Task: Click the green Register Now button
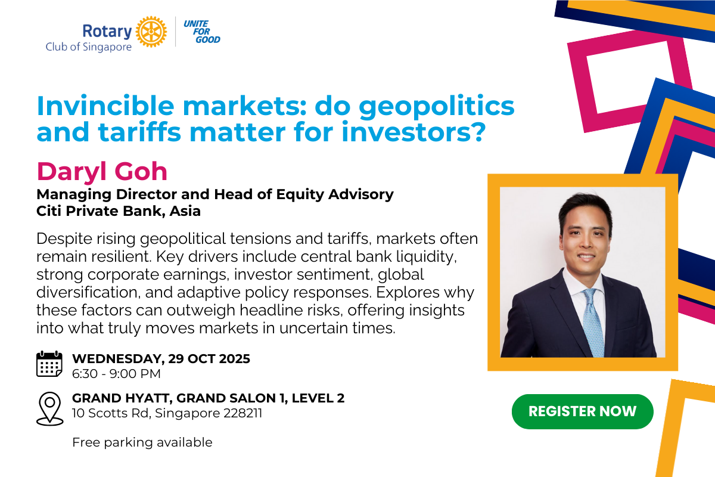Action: [582, 411]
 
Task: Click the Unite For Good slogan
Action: [201, 32]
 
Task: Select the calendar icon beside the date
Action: [49, 364]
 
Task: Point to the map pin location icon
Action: [49, 408]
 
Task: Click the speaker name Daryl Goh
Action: [102, 172]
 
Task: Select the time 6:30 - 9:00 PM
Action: [116, 374]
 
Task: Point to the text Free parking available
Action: [142, 442]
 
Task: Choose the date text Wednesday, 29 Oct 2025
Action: [161, 359]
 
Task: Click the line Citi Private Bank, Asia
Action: [119, 210]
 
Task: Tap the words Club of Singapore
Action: [89, 47]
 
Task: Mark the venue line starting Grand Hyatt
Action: [208, 398]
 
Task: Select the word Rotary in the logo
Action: [107, 30]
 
